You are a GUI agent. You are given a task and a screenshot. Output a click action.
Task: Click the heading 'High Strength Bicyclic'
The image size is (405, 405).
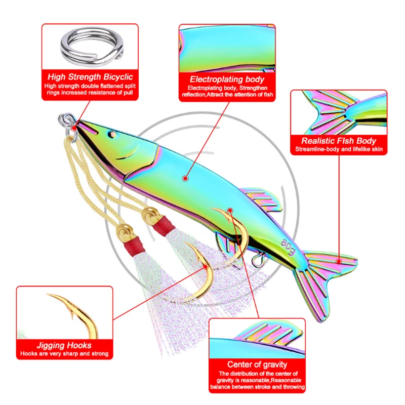[x=90, y=77]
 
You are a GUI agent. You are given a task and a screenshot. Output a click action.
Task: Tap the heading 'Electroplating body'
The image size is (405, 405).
[x=227, y=79]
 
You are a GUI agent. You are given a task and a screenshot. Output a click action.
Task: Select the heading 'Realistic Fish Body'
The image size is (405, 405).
[x=339, y=141]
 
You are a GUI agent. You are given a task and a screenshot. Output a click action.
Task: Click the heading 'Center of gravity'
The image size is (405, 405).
[x=257, y=364]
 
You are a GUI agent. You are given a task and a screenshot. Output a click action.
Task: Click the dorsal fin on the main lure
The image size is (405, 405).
[x=263, y=199]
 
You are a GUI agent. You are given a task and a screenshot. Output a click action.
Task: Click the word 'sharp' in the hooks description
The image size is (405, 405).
[x=63, y=355]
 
